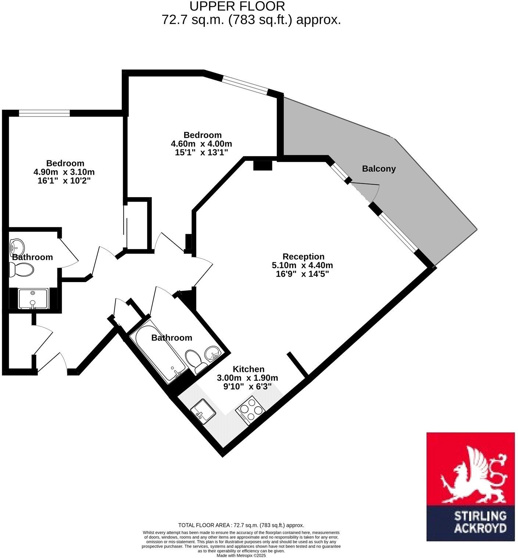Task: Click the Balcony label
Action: point(379,169)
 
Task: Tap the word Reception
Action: point(303,256)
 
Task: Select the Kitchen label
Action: point(249,369)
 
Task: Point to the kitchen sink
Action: point(203,412)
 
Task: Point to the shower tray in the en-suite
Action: point(33,298)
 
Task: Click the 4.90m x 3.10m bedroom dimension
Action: point(64,172)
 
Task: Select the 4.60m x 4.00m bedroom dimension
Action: point(201,143)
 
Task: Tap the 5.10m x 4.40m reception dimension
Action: point(302,265)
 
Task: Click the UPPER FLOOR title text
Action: point(237,6)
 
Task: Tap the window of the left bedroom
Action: point(44,113)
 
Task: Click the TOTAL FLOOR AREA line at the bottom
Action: point(241,525)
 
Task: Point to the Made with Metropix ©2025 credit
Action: point(241,555)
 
